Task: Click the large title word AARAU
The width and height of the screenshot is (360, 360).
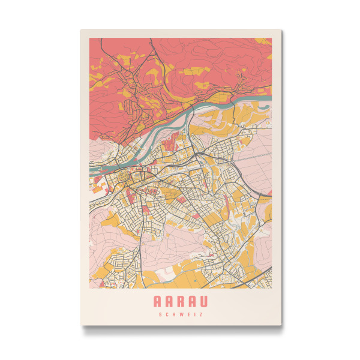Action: click(181, 301)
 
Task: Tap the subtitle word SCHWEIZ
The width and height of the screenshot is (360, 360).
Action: click(181, 314)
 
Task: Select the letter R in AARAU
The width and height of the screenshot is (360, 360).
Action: click(181, 301)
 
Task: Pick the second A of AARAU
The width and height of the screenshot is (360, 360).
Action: click(169, 301)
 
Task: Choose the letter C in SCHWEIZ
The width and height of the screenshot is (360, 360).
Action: click(167, 314)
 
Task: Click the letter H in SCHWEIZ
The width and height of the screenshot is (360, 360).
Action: click(174, 314)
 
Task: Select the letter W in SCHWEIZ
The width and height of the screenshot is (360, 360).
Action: click(181, 314)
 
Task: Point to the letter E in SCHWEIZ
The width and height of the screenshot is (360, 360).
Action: click(188, 314)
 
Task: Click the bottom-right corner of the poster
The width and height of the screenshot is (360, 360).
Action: click(280, 325)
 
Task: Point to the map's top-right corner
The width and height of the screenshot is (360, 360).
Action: click(272, 38)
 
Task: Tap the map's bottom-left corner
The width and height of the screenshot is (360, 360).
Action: click(89, 287)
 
